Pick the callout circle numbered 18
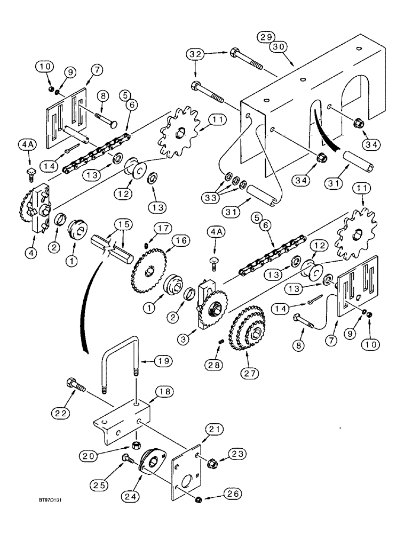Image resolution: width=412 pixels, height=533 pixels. tap(162, 391)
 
